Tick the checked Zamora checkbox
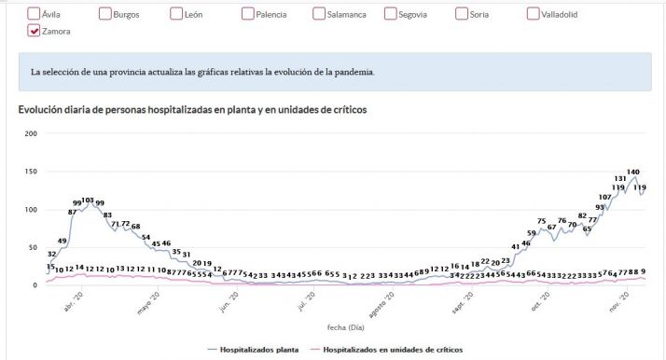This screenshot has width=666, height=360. (x=35, y=31)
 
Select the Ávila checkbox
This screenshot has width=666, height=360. (x=35, y=14)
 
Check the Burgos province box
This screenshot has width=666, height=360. (x=105, y=14)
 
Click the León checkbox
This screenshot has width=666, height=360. (x=177, y=14)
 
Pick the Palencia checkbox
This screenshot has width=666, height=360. (x=248, y=14)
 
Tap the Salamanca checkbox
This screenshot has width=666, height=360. (x=320, y=14)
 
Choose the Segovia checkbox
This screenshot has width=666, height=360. (x=391, y=14)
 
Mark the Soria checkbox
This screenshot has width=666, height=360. (x=463, y=14)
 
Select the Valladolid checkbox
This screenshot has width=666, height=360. (x=534, y=14)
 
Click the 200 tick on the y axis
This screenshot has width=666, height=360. (x=30, y=133)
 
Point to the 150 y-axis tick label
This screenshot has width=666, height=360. (x=30, y=172)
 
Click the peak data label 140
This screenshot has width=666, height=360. (x=632, y=172)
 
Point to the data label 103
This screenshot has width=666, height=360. (x=88, y=201)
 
